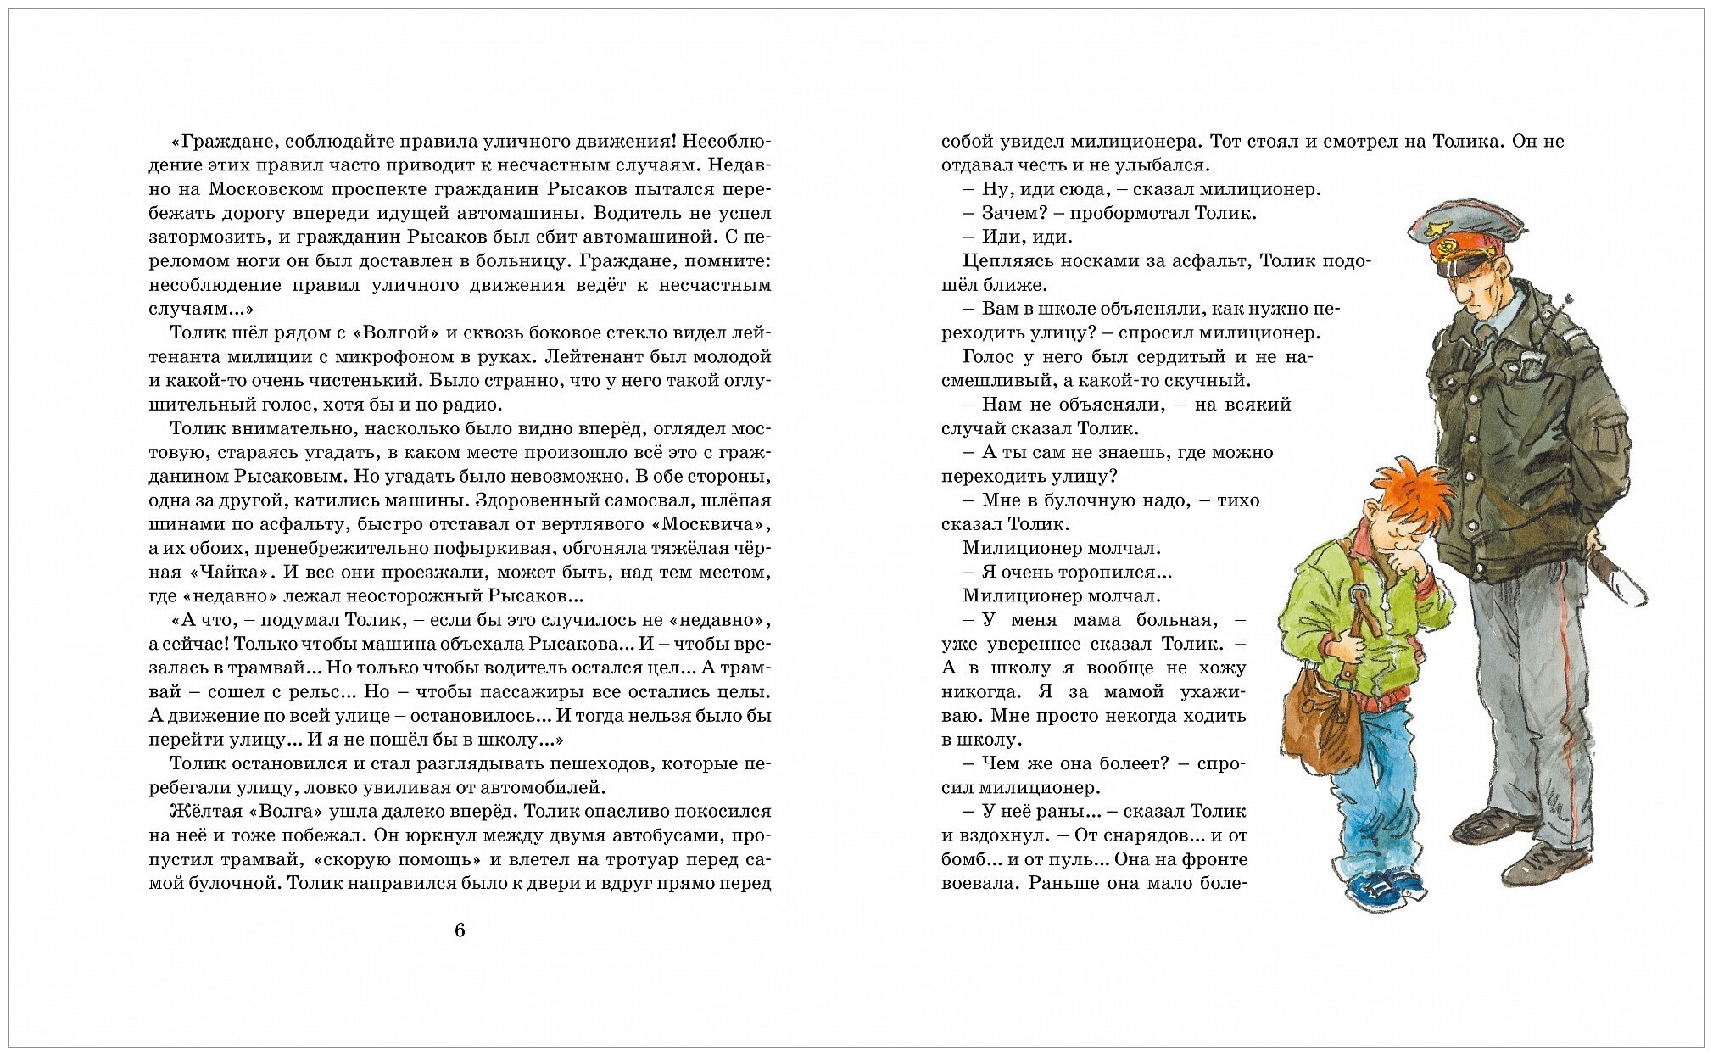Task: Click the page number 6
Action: (460, 930)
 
